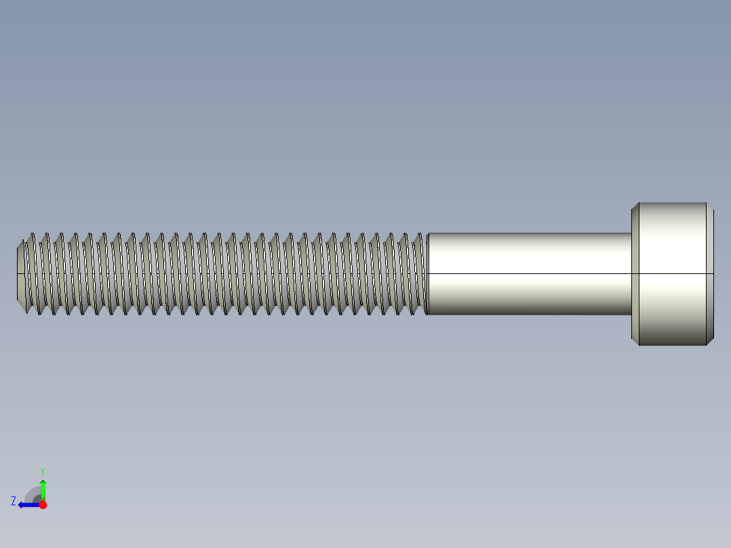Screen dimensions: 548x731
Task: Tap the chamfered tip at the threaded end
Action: point(20,274)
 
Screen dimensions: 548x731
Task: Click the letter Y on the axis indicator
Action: point(42,471)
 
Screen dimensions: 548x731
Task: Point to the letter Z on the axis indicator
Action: point(14,501)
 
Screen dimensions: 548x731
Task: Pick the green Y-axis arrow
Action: point(43,488)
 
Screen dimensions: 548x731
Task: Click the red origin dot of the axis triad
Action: point(43,505)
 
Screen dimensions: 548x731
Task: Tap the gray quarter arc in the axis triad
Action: point(33,494)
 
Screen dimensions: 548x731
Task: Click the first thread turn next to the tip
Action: point(31,274)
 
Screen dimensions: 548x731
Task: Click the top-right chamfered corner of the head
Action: point(710,206)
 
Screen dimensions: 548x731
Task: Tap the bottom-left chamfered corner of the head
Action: point(635,341)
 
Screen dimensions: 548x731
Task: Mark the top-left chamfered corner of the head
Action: point(635,206)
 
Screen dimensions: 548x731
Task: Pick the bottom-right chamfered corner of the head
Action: point(710,341)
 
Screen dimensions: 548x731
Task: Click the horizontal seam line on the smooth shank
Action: point(529,273)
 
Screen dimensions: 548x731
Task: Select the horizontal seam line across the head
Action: point(673,273)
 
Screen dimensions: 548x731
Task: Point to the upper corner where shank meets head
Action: point(632,233)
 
